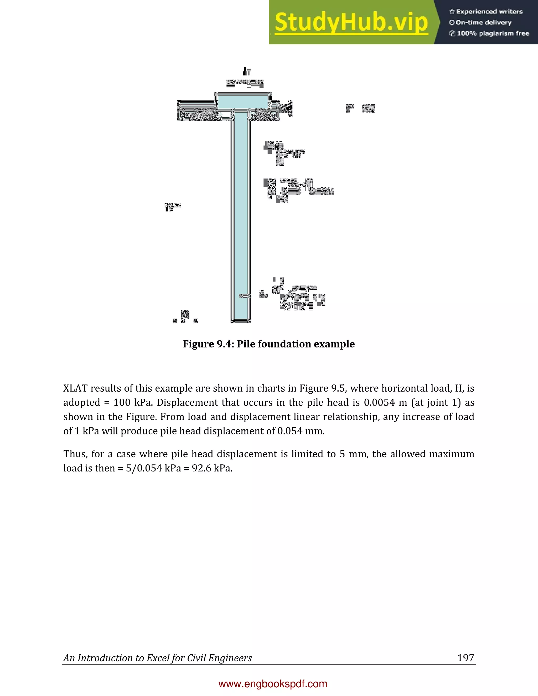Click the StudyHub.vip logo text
point(351,22)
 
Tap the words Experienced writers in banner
point(489,12)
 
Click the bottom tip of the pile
point(241,321)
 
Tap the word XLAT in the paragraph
point(75,388)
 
